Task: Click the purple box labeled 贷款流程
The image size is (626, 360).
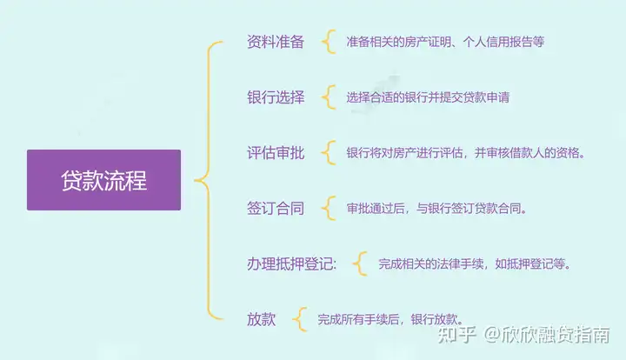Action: click(x=103, y=180)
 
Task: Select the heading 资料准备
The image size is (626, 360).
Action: click(x=276, y=42)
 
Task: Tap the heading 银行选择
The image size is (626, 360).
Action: click(x=276, y=97)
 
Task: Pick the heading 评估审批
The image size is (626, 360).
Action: click(x=276, y=153)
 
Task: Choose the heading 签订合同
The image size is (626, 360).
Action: click(x=276, y=209)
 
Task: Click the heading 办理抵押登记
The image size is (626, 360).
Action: click(x=292, y=263)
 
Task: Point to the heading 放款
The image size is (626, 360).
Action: click(x=261, y=319)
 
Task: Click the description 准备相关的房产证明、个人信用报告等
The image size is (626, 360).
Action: click(x=445, y=42)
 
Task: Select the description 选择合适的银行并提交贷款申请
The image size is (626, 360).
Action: click(x=428, y=97)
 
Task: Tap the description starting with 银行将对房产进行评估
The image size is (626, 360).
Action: click(x=465, y=153)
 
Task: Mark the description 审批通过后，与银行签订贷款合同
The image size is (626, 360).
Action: click(x=436, y=209)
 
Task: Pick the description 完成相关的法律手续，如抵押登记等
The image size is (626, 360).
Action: click(x=475, y=263)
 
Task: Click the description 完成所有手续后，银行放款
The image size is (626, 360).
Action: click(x=390, y=319)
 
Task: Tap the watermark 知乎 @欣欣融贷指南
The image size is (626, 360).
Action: click(x=523, y=335)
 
